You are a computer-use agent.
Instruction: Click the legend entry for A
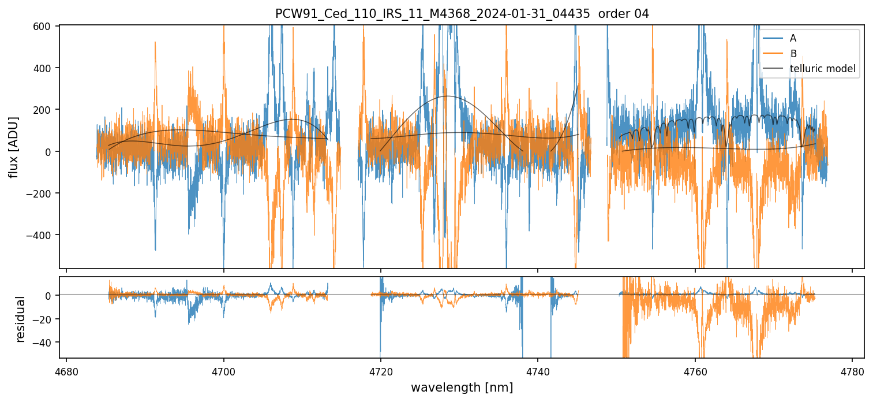click(793, 39)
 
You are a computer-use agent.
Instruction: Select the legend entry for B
click(793, 54)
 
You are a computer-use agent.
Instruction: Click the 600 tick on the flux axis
click(44, 26)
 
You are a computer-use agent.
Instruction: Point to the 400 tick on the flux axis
click(44, 68)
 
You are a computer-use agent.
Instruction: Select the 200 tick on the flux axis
click(44, 110)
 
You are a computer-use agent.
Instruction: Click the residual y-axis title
click(21, 319)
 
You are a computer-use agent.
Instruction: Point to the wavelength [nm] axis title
click(462, 388)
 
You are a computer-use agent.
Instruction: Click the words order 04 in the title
click(624, 14)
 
